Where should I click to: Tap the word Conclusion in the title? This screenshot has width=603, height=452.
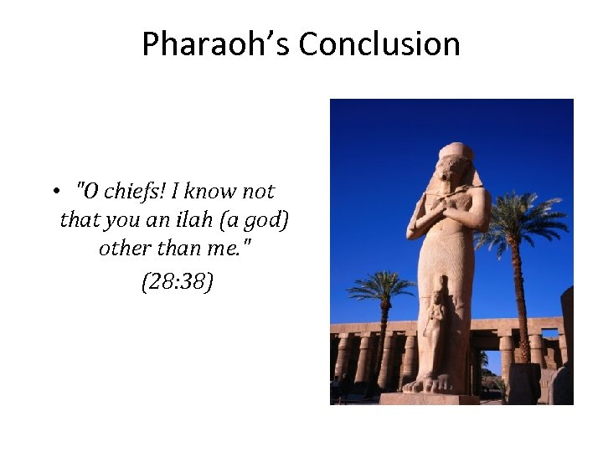(379, 44)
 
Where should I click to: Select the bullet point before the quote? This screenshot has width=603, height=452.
(53, 192)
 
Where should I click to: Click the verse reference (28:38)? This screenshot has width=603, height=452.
(177, 281)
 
